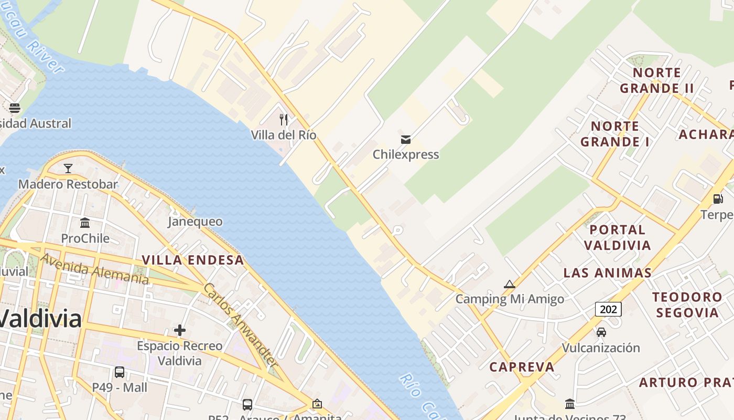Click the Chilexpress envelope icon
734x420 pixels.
coord(405,140)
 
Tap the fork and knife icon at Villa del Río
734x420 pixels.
coord(284,120)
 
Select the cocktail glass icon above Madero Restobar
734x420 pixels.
coord(68,169)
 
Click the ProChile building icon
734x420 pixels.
coord(85,223)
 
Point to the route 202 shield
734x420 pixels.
coord(608,309)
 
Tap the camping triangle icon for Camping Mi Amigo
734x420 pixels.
coord(509,285)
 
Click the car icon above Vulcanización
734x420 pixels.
coord(601,332)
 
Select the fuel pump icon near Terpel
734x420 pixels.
coord(718,198)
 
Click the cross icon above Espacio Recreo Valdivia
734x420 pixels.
coord(180,330)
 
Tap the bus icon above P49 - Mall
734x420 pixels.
coord(120,372)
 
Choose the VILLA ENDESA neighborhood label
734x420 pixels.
coord(193,260)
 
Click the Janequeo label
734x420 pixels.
coord(195,222)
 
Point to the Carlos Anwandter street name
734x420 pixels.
coord(240,325)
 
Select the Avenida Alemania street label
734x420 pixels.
coord(94,268)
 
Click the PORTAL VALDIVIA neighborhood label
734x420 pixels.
coord(617,237)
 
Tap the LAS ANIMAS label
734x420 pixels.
coord(608,273)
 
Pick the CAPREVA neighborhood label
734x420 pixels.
coord(522,367)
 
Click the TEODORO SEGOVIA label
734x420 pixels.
coord(687,304)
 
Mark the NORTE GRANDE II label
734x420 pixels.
coord(657,80)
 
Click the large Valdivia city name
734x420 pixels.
coord(41,319)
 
